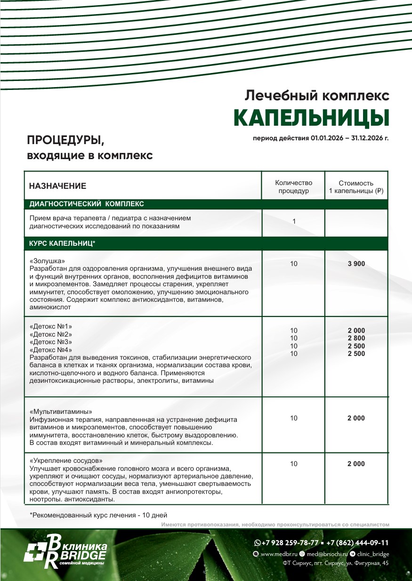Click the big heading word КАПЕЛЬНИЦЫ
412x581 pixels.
[x=311, y=118]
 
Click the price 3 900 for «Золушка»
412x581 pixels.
[x=356, y=264]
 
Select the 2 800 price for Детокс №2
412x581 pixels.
[x=356, y=339]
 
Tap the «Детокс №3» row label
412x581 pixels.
[x=51, y=342]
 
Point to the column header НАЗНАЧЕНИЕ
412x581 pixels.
[x=57, y=186]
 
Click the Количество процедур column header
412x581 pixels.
[x=293, y=187]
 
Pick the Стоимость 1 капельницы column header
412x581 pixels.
[x=356, y=187]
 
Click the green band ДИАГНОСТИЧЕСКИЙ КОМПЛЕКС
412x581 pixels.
[x=87, y=204]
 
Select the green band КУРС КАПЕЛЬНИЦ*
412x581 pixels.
[x=63, y=243]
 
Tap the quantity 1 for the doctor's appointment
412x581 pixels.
[x=294, y=221]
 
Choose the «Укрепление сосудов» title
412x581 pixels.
[x=66, y=460]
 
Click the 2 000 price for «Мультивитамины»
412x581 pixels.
[x=356, y=418]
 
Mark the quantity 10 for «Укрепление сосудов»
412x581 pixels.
[x=294, y=464]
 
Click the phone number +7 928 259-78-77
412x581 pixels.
[x=290, y=542]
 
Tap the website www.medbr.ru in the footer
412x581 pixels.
[x=275, y=554]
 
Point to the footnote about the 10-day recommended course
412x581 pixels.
[x=98, y=515]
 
